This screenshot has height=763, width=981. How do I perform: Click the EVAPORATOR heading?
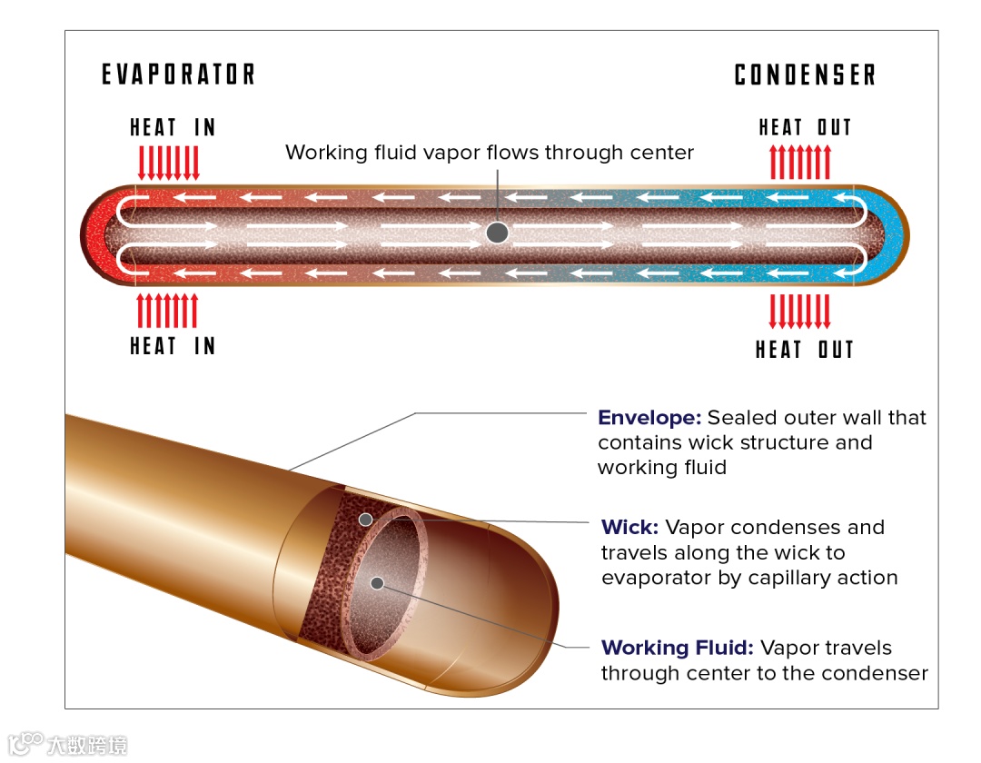[x=178, y=74]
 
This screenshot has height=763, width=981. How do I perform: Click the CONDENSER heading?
[x=805, y=74]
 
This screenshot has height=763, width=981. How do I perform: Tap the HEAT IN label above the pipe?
[x=173, y=127]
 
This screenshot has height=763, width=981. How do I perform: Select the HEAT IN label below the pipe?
[x=173, y=346]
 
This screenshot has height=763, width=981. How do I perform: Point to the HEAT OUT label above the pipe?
[x=805, y=127]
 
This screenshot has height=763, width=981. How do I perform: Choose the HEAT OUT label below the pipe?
[x=805, y=350]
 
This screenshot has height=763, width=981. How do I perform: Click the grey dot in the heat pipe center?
[x=497, y=233]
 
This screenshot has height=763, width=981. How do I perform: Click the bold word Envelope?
[x=649, y=418]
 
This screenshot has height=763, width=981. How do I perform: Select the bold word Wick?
[x=629, y=528]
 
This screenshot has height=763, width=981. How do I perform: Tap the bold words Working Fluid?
[x=677, y=649]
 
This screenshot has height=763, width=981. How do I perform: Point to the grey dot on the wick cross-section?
[x=365, y=520]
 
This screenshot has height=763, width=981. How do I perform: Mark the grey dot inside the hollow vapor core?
[x=377, y=582]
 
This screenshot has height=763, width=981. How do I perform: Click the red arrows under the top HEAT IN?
[x=167, y=162]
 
